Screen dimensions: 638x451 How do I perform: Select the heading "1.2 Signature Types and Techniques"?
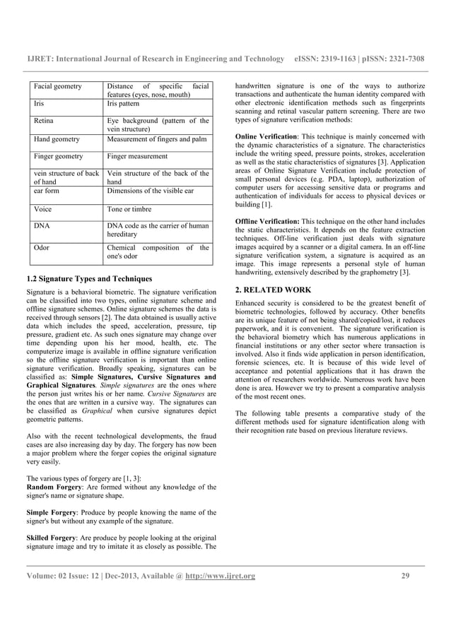[x=88, y=277]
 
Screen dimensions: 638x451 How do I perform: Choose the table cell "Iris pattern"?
[x=128, y=103]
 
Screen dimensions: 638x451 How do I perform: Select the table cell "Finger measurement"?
[x=137, y=156]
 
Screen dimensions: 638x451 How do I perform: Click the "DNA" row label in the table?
[x=43, y=226]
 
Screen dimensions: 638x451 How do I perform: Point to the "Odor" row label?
[x=43, y=248]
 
